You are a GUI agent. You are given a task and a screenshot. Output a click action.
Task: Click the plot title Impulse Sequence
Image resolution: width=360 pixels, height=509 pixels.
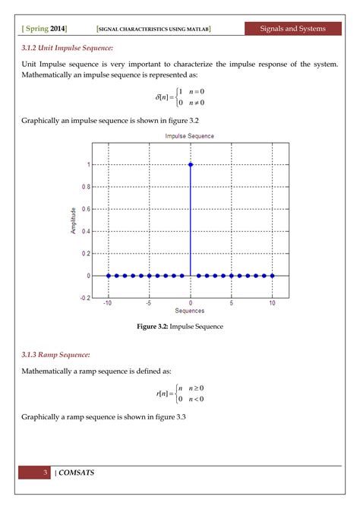coord(189,136)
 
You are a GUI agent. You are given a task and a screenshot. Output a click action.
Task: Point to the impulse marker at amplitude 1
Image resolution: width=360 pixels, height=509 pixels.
coord(190,164)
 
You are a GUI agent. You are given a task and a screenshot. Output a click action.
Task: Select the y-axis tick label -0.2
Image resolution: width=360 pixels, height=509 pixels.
coord(84,299)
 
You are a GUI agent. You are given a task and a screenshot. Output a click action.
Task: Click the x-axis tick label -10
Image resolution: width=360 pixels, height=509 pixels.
coord(109,302)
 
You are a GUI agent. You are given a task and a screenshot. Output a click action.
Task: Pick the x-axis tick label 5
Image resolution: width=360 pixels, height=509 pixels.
coord(231,302)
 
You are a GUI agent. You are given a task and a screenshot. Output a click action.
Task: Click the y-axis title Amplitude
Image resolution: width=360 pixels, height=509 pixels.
coord(74,220)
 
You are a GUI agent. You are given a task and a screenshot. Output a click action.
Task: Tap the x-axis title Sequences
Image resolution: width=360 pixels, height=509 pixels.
coord(189,311)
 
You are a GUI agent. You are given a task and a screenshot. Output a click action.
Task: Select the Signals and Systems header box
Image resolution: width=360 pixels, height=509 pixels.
coord(292,29)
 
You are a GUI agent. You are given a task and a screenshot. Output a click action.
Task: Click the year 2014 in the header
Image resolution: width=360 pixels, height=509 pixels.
coord(58,29)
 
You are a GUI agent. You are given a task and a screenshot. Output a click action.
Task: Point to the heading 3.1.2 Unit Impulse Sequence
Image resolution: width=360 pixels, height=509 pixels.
coord(68,48)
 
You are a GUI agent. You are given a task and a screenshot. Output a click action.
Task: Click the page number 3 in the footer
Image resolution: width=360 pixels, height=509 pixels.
coord(46,473)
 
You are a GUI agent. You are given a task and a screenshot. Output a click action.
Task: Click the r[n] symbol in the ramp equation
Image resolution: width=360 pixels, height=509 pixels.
coord(162,394)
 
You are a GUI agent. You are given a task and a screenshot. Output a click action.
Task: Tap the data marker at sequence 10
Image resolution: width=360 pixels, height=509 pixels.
coord(272,276)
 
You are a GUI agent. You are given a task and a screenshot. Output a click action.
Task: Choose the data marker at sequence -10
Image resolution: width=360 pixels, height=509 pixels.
coord(109,276)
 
